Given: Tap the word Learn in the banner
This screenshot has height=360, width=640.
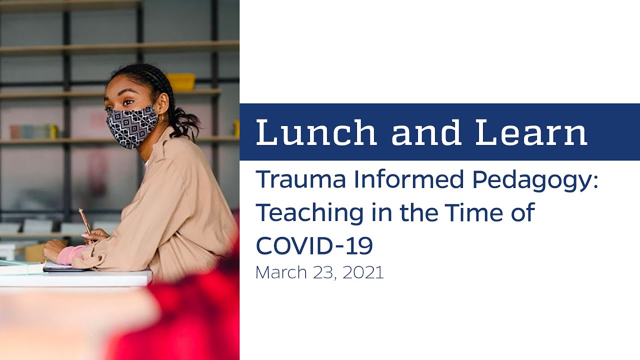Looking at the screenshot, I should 531,132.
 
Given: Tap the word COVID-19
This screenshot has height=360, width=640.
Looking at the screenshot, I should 314,245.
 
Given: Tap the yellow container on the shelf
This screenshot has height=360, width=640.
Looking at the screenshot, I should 181,82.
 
